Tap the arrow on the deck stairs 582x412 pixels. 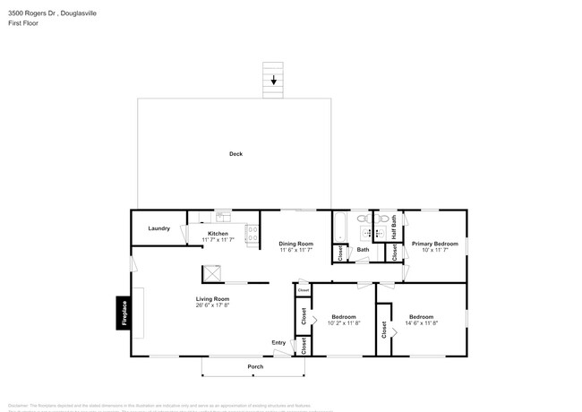point(274,80)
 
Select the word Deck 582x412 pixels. point(235,154)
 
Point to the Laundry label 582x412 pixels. point(158,228)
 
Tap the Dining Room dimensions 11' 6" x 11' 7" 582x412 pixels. point(295,250)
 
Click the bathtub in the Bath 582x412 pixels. point(339,228)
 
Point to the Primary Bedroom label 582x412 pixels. point(434,243)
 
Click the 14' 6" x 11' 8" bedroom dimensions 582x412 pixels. point(421,323)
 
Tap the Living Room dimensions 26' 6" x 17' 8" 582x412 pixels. point(213,305)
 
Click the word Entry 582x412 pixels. point(278,342)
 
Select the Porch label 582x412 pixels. point(255,367)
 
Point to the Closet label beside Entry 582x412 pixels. point(304,346)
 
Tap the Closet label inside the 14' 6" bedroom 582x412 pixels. point(383,330)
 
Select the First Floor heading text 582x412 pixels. point(23,23)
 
